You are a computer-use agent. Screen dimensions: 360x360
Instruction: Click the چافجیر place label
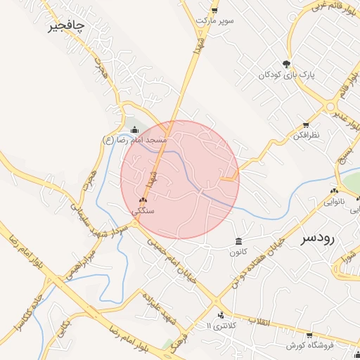66,26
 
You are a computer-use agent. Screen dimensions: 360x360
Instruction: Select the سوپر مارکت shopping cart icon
214,11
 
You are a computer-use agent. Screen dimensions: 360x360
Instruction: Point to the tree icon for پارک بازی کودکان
285,63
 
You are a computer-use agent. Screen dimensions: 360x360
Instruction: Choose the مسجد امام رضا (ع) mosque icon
135,129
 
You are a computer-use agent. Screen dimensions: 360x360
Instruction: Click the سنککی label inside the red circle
143,210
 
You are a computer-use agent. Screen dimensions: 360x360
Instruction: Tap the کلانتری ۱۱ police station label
223,326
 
